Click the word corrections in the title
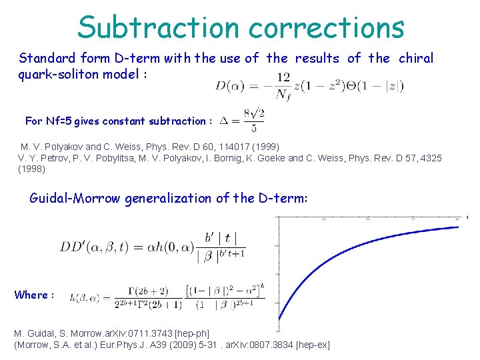326,28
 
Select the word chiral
416,58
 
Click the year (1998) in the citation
31,169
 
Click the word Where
31,295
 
